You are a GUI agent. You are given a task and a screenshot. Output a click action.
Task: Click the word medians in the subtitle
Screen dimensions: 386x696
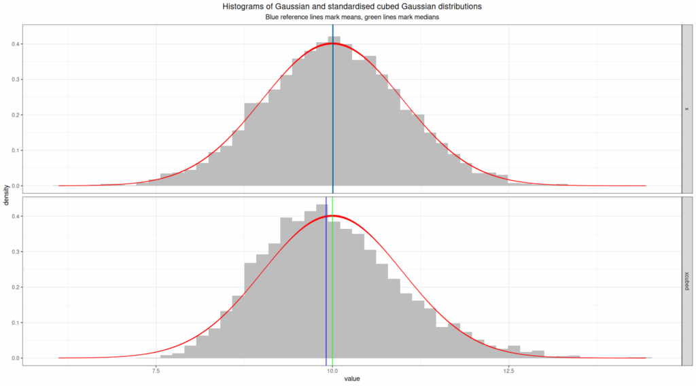[427, 17]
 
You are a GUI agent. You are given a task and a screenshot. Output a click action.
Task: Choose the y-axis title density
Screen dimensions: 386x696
[6, 196]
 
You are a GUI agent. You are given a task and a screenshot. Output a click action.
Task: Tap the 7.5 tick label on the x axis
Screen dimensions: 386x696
[156, 371]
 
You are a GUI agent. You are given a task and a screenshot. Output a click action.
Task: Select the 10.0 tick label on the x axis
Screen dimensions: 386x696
[332, 371]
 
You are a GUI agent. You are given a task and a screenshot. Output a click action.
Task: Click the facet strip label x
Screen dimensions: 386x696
[687, 109]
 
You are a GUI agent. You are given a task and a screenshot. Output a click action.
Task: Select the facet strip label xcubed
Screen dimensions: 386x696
[687, 281]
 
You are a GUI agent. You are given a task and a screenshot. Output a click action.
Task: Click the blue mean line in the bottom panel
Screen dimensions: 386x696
[326, 285]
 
